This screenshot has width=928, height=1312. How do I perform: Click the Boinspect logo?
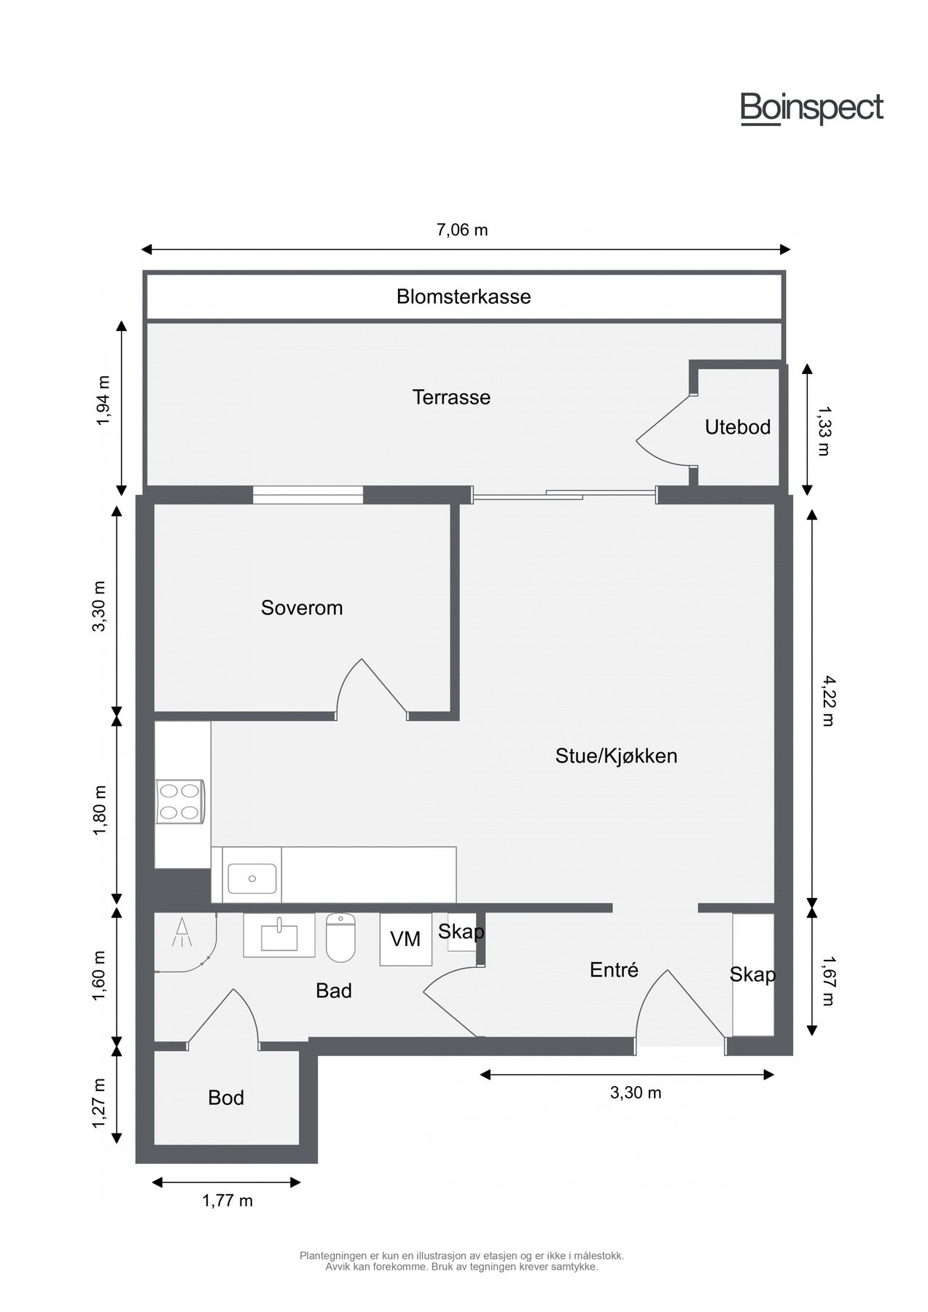811,109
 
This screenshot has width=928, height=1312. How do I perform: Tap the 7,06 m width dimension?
462,230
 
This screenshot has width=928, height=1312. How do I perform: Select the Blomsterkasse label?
464,297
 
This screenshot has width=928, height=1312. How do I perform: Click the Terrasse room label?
451,397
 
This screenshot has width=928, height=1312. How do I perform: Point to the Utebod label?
737,427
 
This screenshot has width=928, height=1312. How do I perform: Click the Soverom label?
302,608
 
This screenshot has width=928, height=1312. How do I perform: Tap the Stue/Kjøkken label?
616,756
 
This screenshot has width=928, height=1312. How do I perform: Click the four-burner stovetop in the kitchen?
180,802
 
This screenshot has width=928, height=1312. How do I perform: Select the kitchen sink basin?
252,878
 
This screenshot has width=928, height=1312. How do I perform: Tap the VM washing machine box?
405,940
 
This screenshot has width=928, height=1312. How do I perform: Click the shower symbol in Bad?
182,932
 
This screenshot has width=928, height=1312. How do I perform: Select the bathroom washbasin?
279,935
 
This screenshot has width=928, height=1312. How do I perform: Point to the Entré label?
614,970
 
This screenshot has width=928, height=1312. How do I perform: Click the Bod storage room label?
226,1098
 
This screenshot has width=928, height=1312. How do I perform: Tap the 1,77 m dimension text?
227,1200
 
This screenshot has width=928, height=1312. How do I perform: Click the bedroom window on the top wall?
308,495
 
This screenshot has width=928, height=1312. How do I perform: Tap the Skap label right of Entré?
752,975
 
